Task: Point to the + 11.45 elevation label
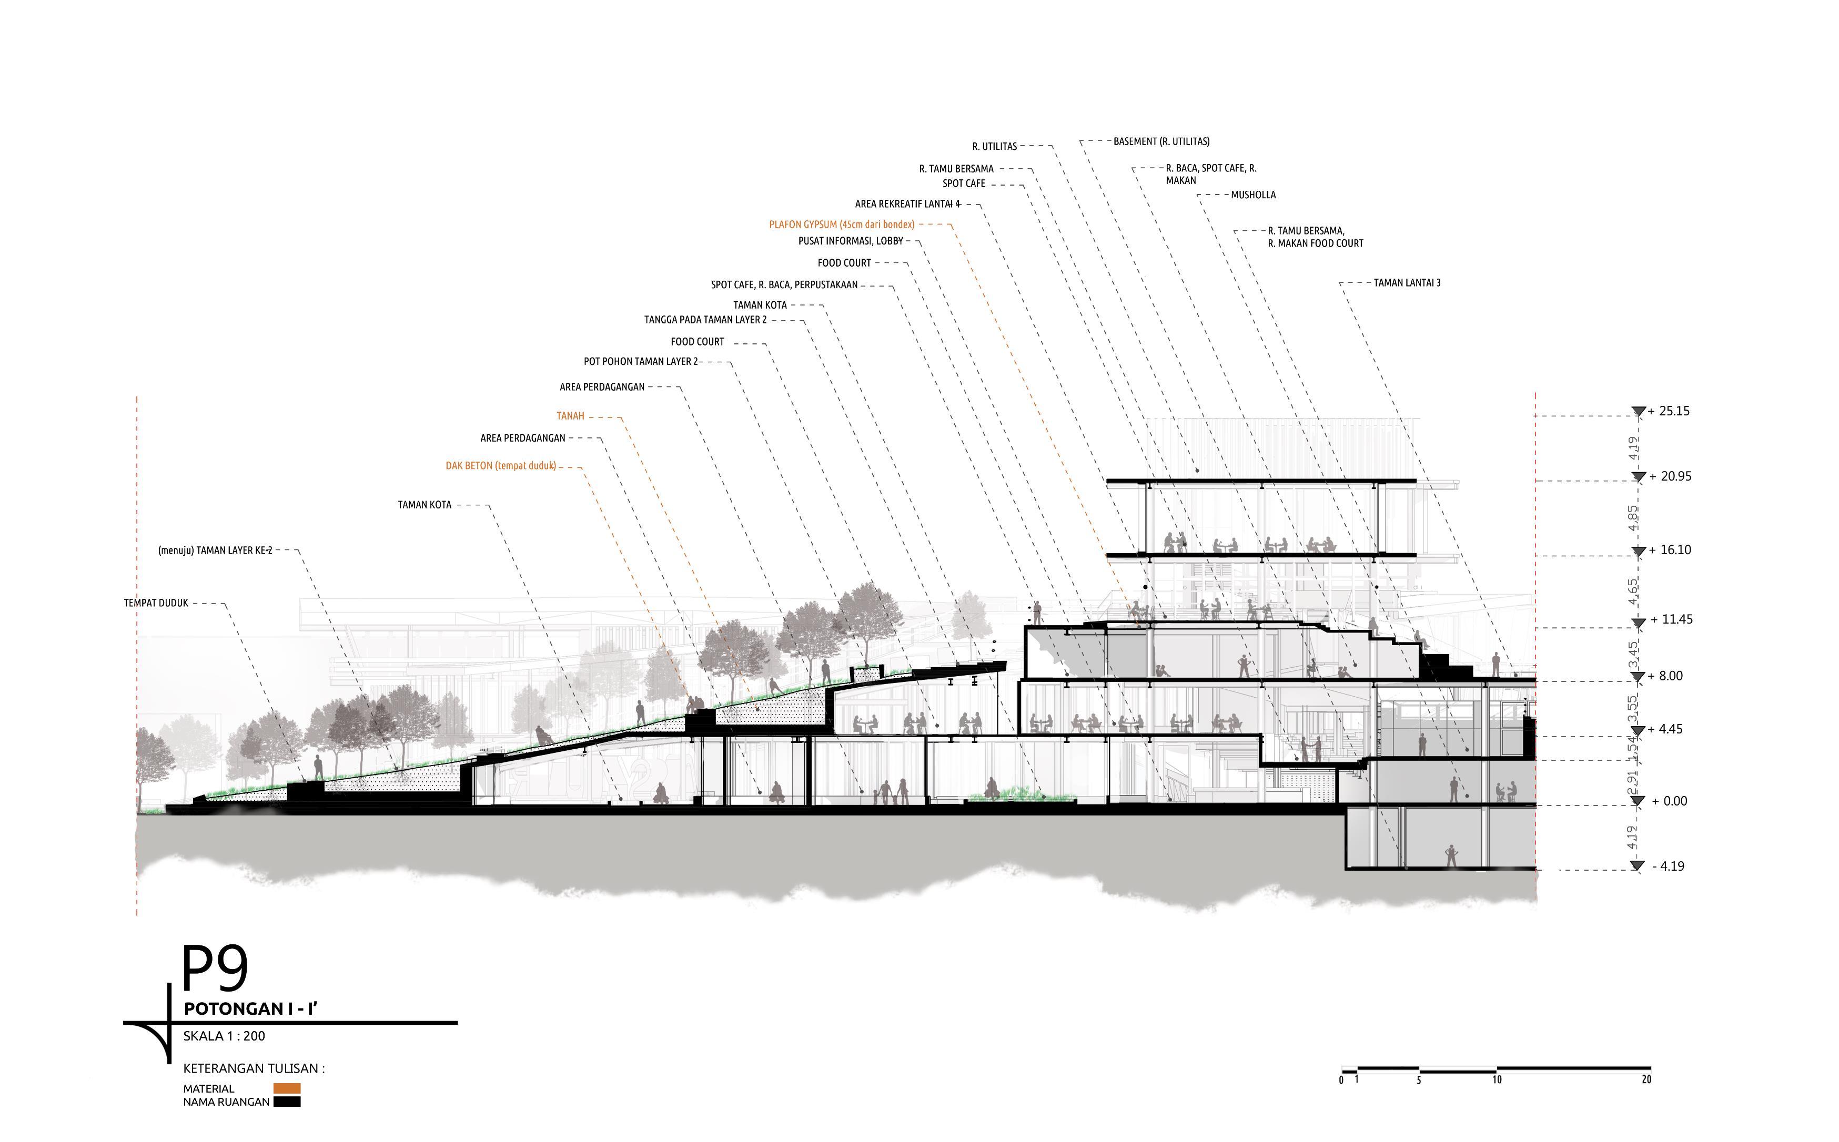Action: (x=1671, y=619)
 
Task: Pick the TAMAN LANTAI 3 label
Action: (x=1407, y=283)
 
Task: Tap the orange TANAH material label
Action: (x=570, y=416)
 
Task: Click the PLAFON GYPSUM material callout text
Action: (x=842, y=225)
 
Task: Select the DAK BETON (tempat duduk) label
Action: (x=500, y=466)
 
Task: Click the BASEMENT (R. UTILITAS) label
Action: (x=1161, y=142)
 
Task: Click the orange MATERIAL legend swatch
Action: (x=287, y=1088)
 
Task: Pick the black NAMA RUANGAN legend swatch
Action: (x=287, y=1102)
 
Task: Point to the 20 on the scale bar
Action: (x=1646, y=1080)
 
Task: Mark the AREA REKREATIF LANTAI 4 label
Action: (x=907, y=205)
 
